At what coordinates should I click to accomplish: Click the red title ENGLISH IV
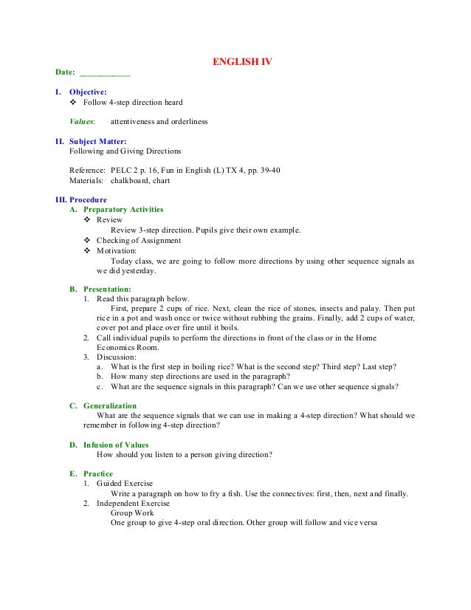click(242, 62)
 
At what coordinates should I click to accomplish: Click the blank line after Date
click(105, 74)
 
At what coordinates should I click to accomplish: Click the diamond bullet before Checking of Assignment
click(89, 240)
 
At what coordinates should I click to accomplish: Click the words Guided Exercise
click(125, 483)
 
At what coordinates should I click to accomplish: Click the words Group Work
click(130, 513)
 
